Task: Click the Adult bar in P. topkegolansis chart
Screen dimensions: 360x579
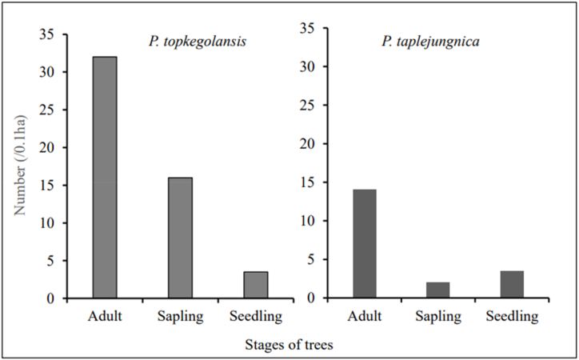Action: coord(105,178)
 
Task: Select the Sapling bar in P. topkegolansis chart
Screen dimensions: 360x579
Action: coord(180,238)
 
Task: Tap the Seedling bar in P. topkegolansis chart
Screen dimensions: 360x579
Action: coord(256,285)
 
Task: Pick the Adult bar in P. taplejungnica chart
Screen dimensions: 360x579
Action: coord(364,243)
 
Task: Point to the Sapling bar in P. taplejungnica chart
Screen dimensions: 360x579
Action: coord(439,290)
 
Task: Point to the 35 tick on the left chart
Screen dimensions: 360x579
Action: coord(50,34)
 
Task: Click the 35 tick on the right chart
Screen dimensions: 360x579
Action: coord(317,29)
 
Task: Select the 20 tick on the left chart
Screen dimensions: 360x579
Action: coord(50,148)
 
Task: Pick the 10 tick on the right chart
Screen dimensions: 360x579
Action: coord(317,221)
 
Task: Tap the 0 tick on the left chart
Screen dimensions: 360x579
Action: coord(53,298)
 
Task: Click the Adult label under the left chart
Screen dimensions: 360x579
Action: coord(105,316)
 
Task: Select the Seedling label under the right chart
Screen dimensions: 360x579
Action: coord(512,316)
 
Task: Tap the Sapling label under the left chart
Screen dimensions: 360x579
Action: coord(181,317)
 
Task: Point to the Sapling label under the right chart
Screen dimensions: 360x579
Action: coord(439,317)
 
